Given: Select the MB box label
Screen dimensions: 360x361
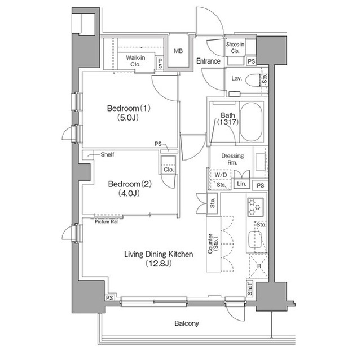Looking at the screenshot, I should pyautogui.click(x=178, y=51).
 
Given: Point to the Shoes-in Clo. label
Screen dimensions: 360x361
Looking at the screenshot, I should pyautogui.click(x=235, y=47).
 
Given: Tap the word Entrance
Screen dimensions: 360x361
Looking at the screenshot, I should pyautogui.click(x=208, y=61).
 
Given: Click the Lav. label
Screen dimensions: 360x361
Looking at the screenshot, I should pyautogui.click(x=237, y=78).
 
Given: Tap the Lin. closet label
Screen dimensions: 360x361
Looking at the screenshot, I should pyautogui.click(x=241, y=184).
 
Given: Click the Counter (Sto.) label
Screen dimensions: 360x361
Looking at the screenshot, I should pyautogui.click(x=213, y=246).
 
